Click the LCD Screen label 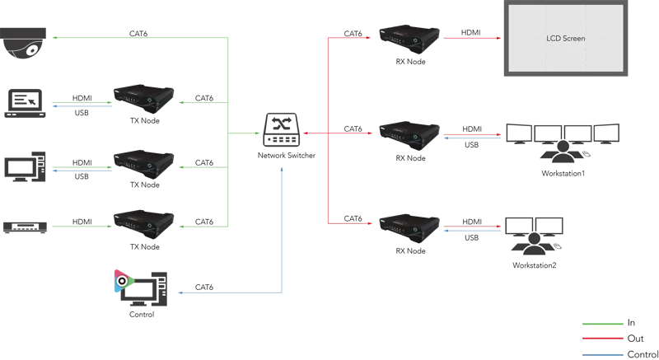pyautogui.click(x=566, y=39)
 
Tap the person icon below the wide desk pyautogui.click(x=563, y=151)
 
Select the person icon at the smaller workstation pyautogui.click(x=534, y=243)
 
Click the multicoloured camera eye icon pyautogui.click(x=122, y=281)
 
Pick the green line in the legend pyautogui.click(x=602, y=326)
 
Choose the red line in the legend pyautogui.click(x=602, y=339)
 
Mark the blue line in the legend pyautogui.click(x=602, y=353)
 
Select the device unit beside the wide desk pyautogui.click(x=409, y=132)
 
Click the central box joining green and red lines pyautogui.click(x=280, y=133)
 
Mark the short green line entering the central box pyautogui.click(x=242, y=133)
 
